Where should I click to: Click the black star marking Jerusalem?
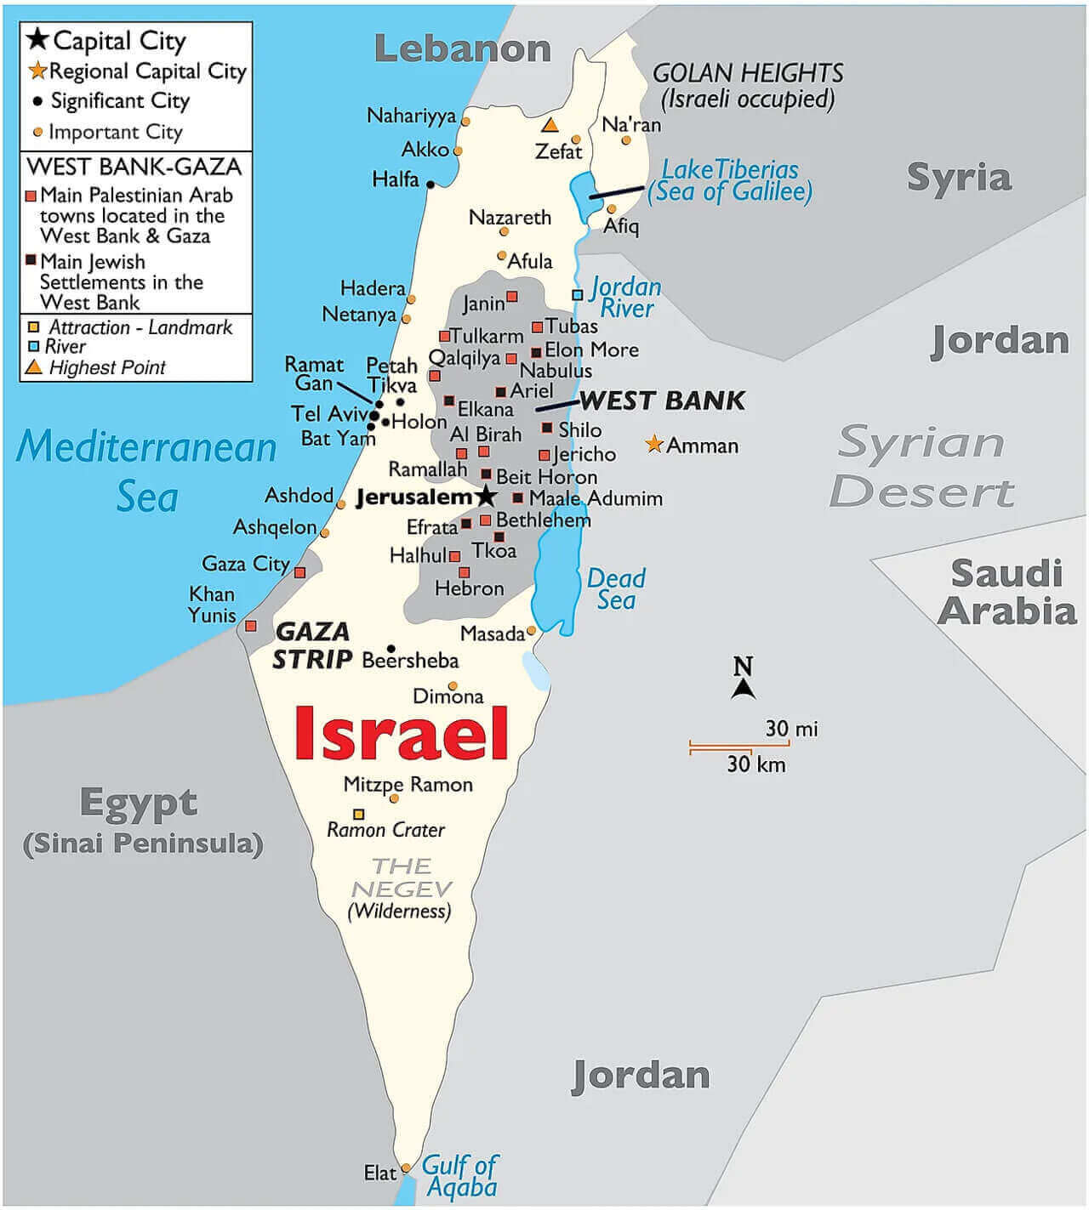(486, 496)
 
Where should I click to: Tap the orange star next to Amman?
(653, 444)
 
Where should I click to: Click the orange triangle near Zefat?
(550, 125)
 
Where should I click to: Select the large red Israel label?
(402, 734)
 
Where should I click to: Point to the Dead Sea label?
(616, 588)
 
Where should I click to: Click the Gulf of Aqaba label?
(460, 1175)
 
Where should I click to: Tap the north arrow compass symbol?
(744, 679)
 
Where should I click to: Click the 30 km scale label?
(755, 764)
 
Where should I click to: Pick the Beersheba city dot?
(391, 648)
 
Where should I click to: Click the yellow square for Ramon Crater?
(359, 814)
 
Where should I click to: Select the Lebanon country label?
(462, 48)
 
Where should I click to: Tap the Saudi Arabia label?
(1007, 592)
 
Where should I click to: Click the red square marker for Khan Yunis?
(250, 626)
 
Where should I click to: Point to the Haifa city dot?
(430, 184)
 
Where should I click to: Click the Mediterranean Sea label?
(146, 470)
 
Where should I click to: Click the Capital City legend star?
(37, 39)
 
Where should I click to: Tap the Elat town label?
(379, 1173)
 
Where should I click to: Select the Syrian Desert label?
(922, 467)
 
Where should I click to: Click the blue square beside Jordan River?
(577, 294)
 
